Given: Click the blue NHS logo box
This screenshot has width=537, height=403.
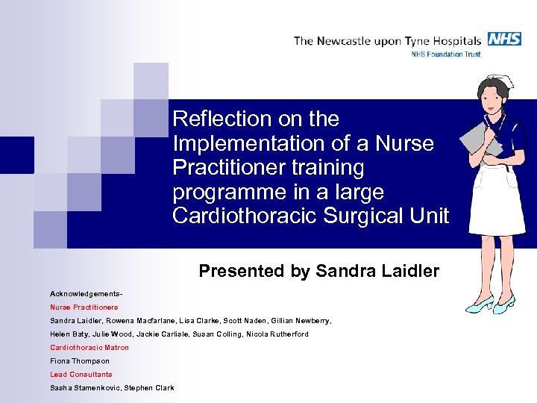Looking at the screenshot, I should click(x=504, y=40).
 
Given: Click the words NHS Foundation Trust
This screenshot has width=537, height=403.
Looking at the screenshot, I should click(x=446, y=54).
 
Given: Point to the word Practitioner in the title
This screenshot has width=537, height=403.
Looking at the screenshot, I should click(x=223, y=167).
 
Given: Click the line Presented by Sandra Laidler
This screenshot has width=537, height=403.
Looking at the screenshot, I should click(x=318, y=272).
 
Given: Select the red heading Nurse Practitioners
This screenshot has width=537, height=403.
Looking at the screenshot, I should click(x=84, y=307).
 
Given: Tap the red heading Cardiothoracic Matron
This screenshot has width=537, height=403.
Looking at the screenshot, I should click(x=89, y=347).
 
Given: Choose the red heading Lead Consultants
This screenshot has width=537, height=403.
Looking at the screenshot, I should click(x=81, y=374).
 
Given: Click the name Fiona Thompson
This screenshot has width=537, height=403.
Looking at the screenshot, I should click(x=79, y=360).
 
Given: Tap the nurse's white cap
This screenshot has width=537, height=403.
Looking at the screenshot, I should click(x=494, y=80).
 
